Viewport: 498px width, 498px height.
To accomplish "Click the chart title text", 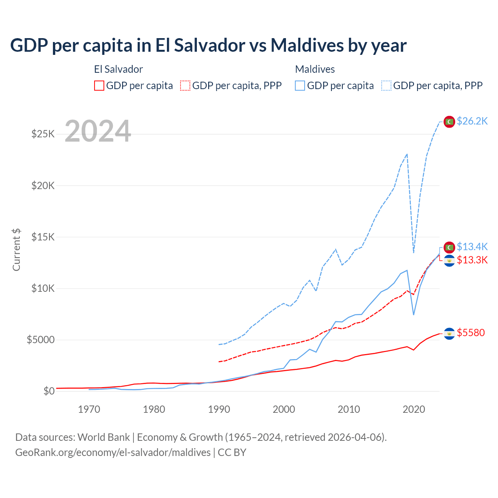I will (208, 46).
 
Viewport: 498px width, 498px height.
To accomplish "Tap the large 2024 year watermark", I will (98, 132).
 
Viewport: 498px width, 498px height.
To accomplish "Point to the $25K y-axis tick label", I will (43, 134).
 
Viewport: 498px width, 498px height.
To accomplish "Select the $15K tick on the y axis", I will (43, 237).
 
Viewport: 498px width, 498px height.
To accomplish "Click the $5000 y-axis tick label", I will (41, 340).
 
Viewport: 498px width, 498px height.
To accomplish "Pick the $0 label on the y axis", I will (49, 391).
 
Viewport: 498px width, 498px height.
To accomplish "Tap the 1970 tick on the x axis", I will (89, 409).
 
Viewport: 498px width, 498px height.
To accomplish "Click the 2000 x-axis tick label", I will (284, 409).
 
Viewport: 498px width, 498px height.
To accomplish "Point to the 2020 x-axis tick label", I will (414, 409).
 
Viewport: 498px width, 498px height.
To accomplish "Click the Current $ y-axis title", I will (16, 250).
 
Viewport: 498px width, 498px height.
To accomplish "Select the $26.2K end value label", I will (472, 121).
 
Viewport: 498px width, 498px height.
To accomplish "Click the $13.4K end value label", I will (472, 247).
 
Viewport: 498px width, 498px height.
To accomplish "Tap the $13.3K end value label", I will (472, 260).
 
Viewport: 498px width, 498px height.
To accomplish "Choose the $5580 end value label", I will (471, 333).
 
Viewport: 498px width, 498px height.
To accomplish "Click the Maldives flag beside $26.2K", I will (449, 122).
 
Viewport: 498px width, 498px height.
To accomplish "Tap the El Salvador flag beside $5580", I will (449, 333).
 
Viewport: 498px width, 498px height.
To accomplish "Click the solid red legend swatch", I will (99, 86).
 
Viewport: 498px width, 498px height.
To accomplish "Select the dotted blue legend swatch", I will (386, 86).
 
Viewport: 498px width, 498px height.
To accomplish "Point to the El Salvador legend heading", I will (118, 69).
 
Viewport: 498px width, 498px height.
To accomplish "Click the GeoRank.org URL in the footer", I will (113, 452).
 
